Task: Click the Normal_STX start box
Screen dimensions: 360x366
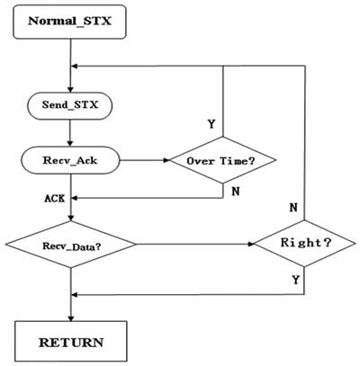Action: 69,22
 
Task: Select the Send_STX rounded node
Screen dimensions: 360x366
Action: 70,106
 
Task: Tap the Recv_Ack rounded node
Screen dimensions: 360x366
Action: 70,160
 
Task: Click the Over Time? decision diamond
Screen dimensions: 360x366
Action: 222,160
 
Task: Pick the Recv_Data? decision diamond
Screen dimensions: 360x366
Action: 71,245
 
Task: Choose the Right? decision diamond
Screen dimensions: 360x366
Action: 305,244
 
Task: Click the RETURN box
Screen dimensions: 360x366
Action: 71,341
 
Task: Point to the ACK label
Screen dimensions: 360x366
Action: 55,199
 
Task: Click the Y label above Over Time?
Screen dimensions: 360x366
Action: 211,123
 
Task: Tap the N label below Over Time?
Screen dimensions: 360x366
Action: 236,192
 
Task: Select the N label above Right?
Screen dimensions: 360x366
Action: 293,208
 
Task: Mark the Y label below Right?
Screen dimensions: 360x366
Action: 296,280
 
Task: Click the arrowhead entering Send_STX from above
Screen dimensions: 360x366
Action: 70,90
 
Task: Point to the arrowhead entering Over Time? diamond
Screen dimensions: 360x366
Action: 166,160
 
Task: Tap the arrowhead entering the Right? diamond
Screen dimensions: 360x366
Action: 251,244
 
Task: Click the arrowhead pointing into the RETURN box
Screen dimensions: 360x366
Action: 71,318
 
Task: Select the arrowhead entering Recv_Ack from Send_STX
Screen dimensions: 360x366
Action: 70,143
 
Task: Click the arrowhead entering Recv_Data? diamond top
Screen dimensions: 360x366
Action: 71,219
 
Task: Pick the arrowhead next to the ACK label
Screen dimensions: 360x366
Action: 75,198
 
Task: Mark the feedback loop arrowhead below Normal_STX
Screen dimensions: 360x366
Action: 75,67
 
